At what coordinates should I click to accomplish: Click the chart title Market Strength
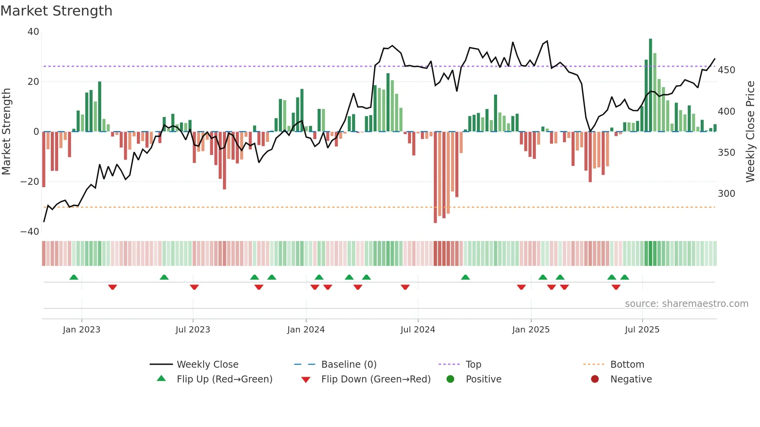coord(56,11)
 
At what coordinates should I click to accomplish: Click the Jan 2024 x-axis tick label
coord(306,330)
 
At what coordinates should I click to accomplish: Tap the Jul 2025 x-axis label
coord(642,330)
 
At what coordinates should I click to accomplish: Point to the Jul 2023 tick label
coord(193,330)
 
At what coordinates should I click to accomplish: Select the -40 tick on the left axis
coord(30,232)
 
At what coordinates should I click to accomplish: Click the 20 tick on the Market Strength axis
coord(33,82)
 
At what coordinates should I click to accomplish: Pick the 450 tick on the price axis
coord(726,70)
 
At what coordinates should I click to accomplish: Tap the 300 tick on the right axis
coord(726,194)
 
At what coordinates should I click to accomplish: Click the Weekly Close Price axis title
coord(750,132)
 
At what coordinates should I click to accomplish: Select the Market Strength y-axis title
coord(7,132)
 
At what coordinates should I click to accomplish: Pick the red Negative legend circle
coord(595,379)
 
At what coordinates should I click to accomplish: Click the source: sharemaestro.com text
coord(686,304)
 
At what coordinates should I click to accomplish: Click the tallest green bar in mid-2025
coord(651,85)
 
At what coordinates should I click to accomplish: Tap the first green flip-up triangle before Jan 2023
coord(74,277)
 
